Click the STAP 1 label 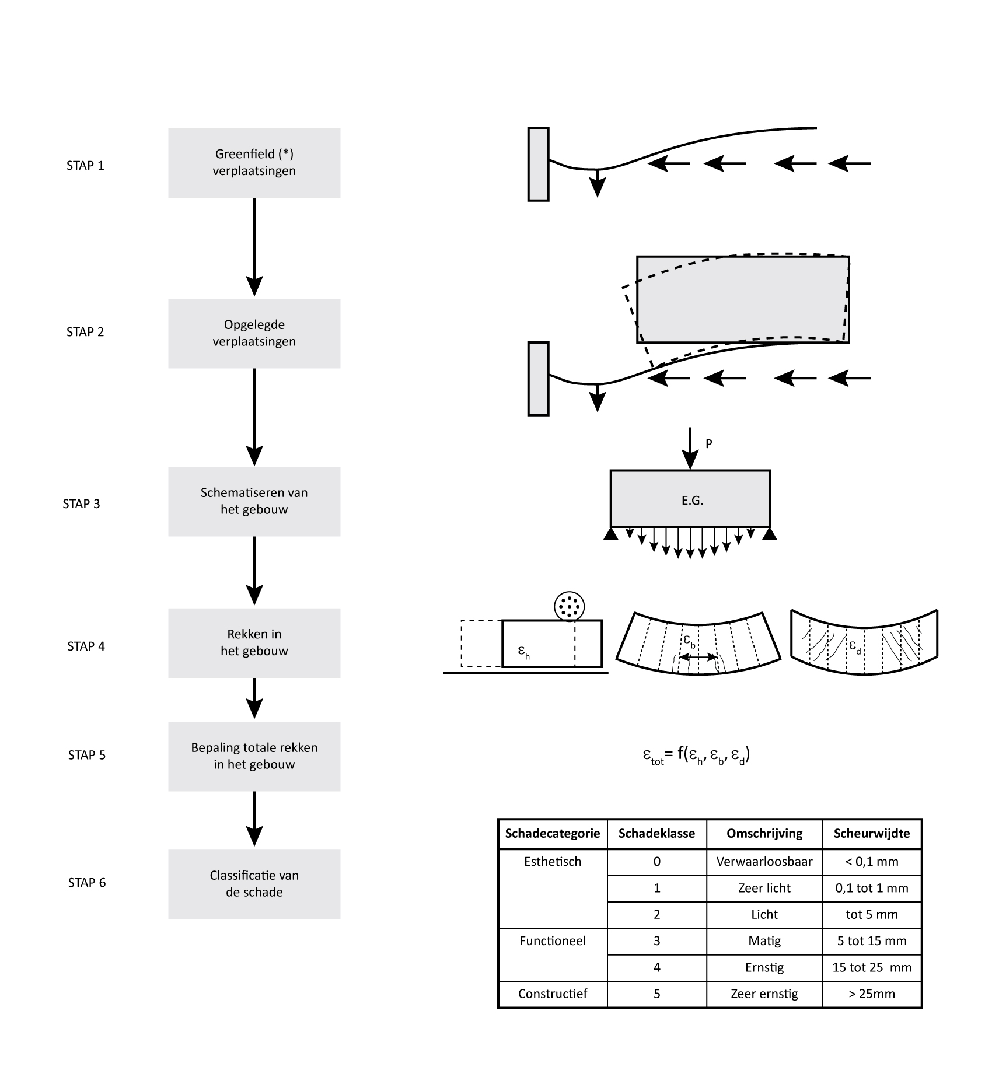[85, 166]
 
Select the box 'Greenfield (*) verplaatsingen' [254, 163]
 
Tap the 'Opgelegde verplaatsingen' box [254, 333]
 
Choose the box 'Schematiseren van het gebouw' [254, 501]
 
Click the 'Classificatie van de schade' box [254, 884]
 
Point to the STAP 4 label [86, 646]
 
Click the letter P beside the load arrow [709, 444]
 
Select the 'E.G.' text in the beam [692, 500]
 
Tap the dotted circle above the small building [568, 607]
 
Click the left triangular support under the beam [611, 534]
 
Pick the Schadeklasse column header [656, 834]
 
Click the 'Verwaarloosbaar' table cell [764, 862]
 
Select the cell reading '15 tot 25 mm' [871, 968]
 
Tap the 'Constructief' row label [552, 994]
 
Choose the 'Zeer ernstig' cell [764, 994]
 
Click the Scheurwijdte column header [871, 834]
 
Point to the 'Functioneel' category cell [552, 941]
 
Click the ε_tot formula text [696, 756]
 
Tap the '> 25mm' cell [871, 994]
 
